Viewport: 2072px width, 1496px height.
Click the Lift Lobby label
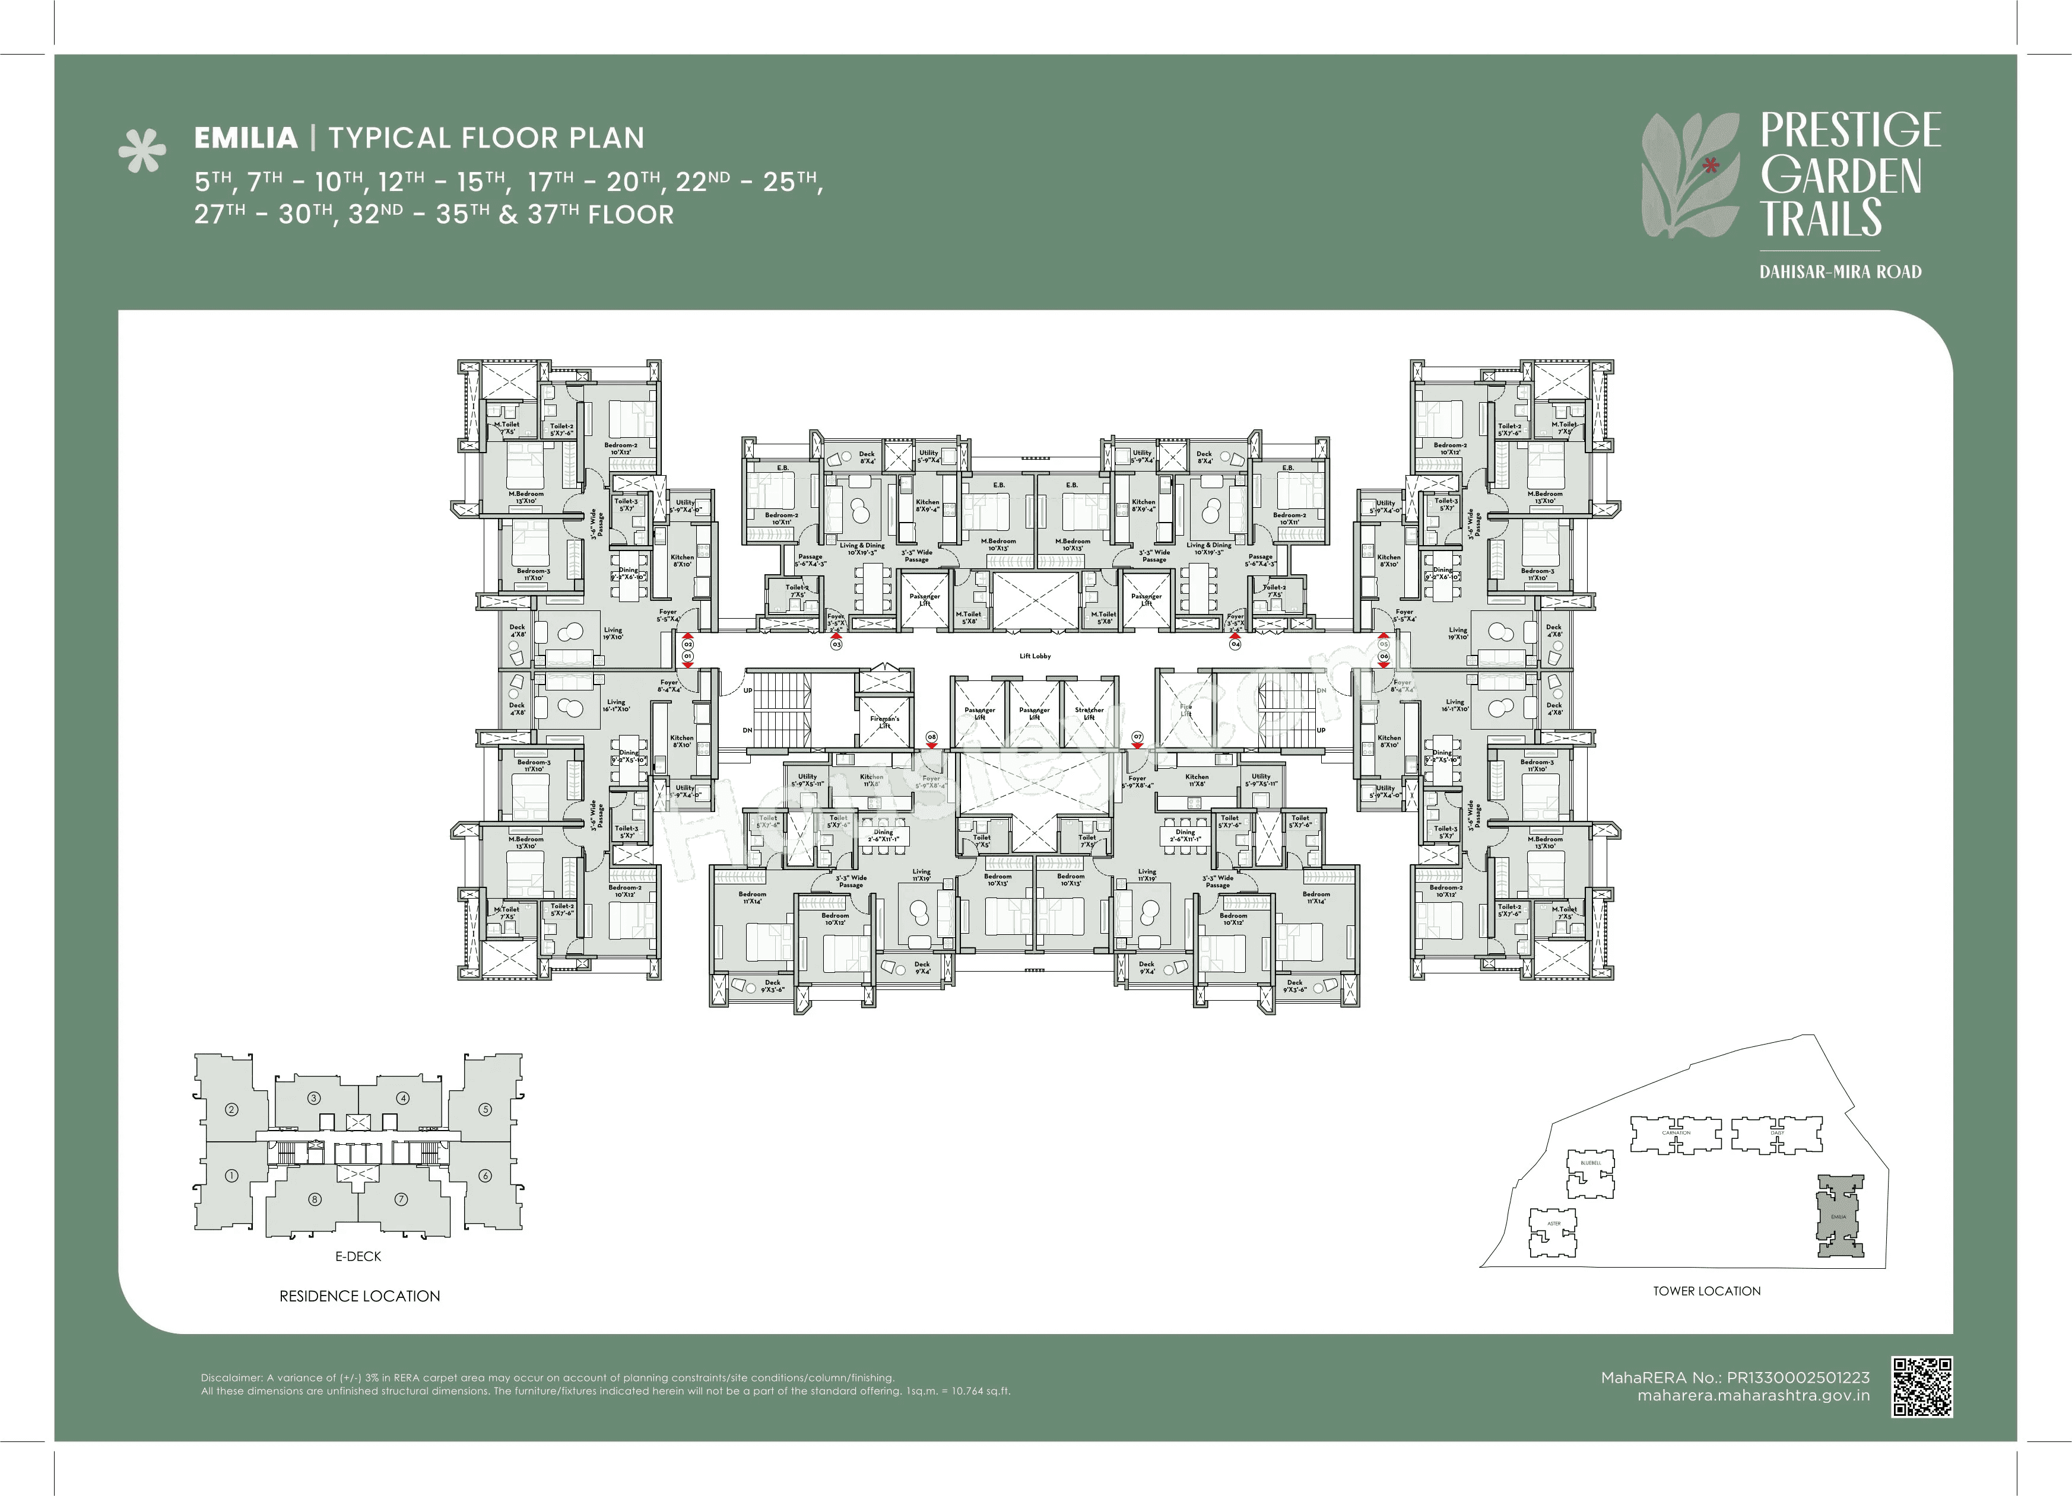pos(1035,655)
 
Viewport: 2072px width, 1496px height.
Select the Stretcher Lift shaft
pos(1089,713)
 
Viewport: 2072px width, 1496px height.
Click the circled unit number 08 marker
pos(931,737)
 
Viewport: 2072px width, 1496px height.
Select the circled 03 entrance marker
pos(836,644)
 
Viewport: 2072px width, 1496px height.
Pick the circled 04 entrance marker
pos(1235,644)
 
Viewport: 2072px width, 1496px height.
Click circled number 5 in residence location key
pos(485,1110)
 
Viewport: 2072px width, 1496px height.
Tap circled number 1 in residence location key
pos(231,1176)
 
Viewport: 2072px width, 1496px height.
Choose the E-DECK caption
pos(358,1257)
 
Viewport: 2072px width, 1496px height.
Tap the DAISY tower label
pos(1777,1132)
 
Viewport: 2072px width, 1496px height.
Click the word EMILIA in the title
pos(246,138)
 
